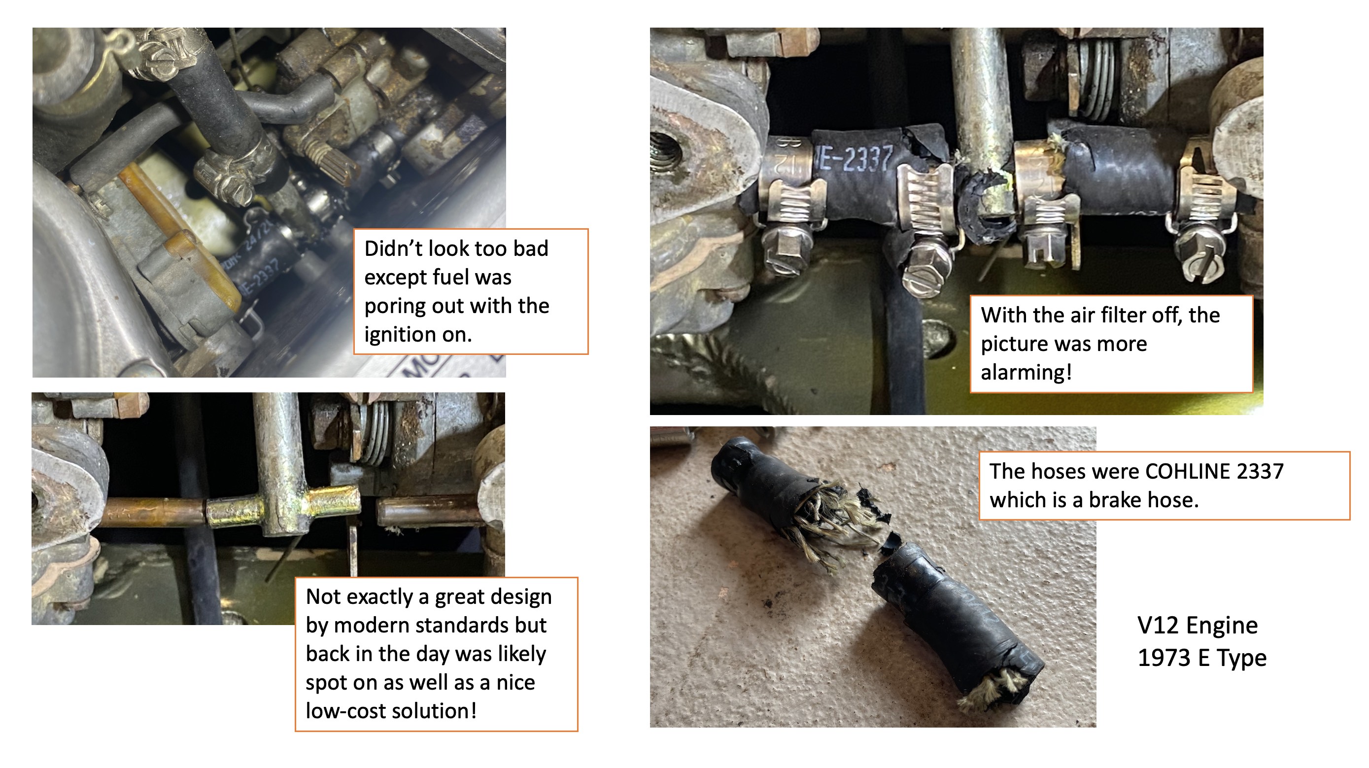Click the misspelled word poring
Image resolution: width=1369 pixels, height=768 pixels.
(395, 307)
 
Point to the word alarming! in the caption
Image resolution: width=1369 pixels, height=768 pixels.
(1026, 373)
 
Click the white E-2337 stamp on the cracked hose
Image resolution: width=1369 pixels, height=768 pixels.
(855, 158)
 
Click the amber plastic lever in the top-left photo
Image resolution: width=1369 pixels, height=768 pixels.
(175, 234)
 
